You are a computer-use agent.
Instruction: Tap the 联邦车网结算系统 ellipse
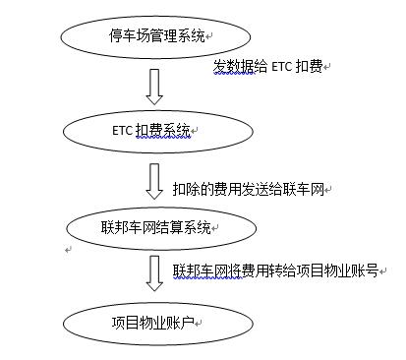pyautogui.click(x=156, y=227)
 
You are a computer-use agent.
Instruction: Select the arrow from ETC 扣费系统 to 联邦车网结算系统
pyautogui.click(x=154, y=180)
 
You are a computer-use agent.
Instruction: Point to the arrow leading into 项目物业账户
pyautogui.click(x=154, y=272)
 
